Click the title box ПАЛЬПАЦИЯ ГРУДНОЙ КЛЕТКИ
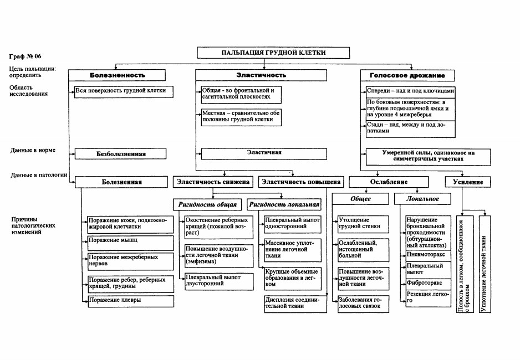point(273,53)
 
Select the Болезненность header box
point(117,75)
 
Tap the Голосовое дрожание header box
point(407,75)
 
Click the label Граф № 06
point(25,56)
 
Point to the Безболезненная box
point(120,153)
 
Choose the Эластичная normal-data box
point(264,153)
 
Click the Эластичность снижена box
point(213,182)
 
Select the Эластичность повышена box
point(301,182)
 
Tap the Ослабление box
point(389,182)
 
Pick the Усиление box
point(467,182)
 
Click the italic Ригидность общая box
point(207,204)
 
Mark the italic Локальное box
point(422,199)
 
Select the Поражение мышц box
point(131,243)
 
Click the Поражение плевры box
point(131,301)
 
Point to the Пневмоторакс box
point(428,255)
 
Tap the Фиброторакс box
point(428,284)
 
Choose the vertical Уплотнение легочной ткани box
point(485,264)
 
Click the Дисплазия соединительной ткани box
point(295,304)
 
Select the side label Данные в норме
point(33,150)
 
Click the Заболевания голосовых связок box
point(364,304)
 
